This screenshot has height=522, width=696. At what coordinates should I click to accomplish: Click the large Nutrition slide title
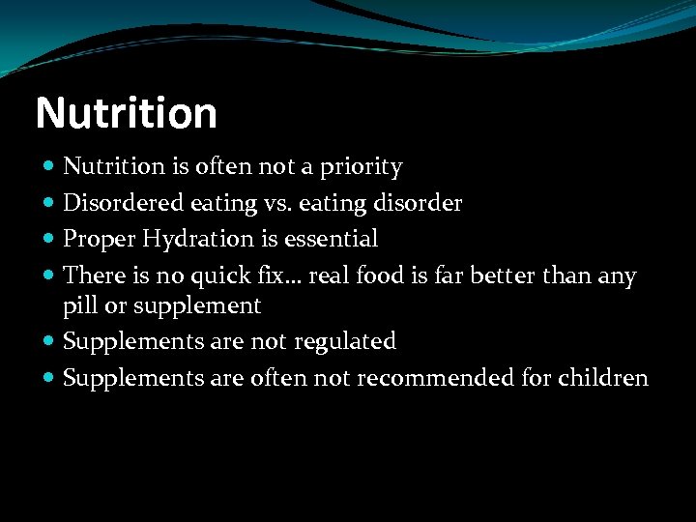127,113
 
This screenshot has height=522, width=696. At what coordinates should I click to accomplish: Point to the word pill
79,306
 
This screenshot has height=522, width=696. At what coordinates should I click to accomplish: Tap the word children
603,378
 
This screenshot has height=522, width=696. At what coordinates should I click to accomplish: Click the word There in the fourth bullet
90,275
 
